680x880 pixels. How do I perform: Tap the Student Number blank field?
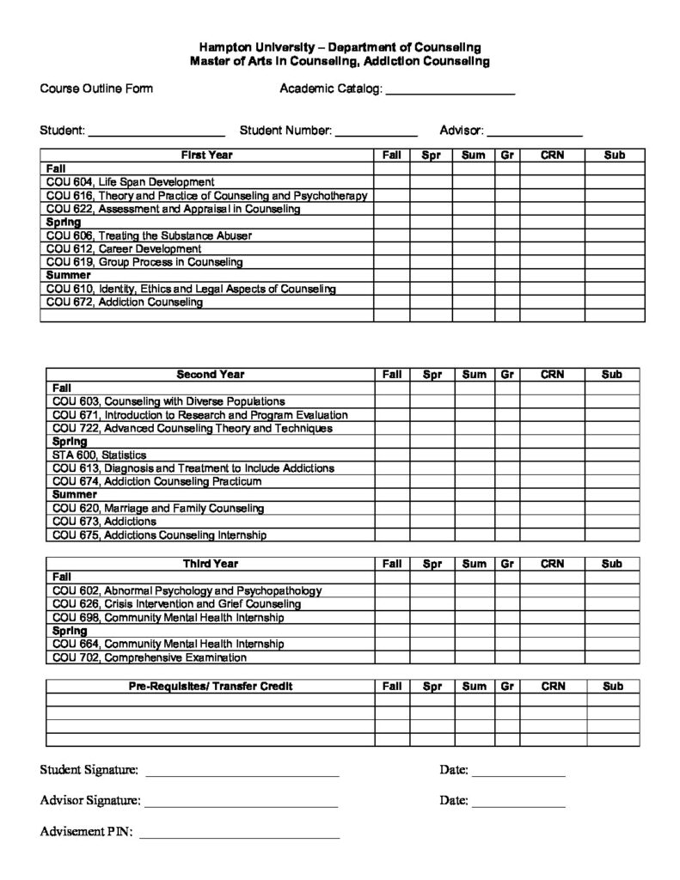tap(376, 133)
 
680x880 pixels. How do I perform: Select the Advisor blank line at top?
tap(535, 133)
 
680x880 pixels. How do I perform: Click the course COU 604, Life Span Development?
tap(130, 182)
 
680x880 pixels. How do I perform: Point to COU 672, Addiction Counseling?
tap(125, 302)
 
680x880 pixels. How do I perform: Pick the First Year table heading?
tap(206, 156)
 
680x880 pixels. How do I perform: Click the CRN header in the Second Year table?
tap(552, 375)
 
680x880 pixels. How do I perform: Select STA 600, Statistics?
tap(99, 455)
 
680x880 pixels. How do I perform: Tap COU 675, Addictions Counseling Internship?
tap(159, 535)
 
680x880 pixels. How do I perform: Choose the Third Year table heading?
tap(210, 564)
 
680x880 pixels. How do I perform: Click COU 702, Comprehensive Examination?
tap(150, 657)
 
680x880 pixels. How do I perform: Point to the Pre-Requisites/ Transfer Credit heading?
tap(210, 687)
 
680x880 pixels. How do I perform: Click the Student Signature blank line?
tap(242, 773)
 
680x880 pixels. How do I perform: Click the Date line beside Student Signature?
tap(518, 773)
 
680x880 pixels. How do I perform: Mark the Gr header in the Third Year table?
tap(507, 564)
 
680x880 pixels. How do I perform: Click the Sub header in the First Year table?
tap(614, 156)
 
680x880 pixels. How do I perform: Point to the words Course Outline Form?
tap(96, 89)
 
